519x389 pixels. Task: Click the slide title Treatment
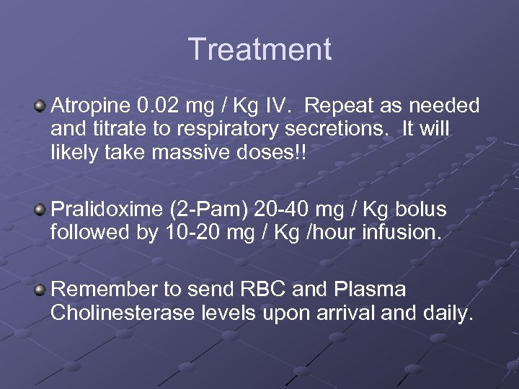pos(259,50)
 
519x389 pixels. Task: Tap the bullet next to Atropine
pos(40,107)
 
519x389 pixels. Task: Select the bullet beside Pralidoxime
pos(40,210)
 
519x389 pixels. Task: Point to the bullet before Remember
pos(40,290)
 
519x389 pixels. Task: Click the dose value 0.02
pos(159,107)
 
